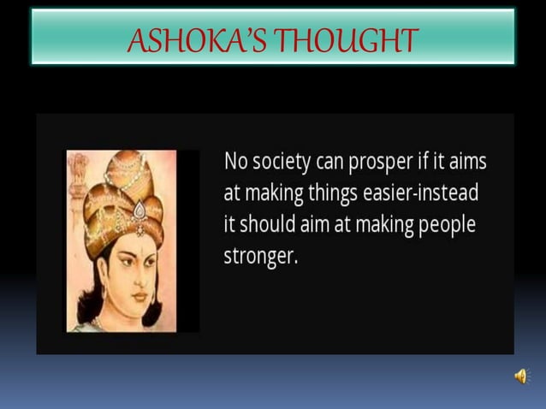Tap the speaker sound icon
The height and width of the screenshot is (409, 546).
520,376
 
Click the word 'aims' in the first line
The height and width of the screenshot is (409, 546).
467,161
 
